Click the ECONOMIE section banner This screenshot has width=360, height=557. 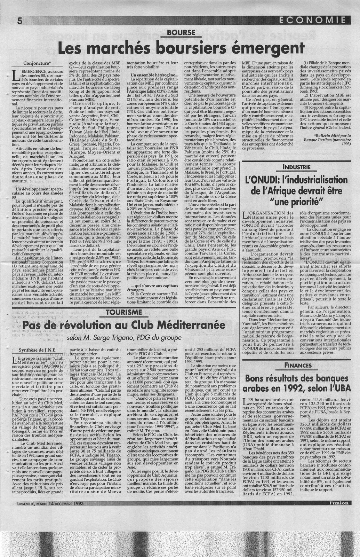coord(316,20)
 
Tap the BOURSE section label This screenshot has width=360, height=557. coord(180,33)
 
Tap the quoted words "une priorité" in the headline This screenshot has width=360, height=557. coord(296,202)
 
